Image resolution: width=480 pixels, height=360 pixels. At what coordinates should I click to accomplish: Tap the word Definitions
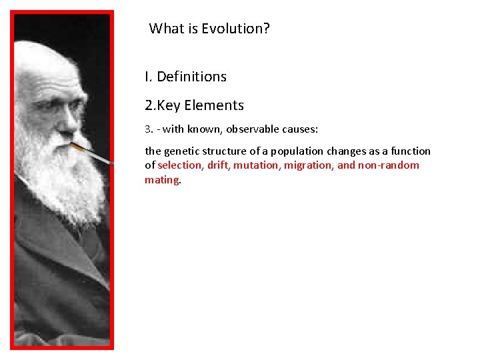[191, 77]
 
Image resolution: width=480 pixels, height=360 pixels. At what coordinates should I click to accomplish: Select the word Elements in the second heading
[214, 105]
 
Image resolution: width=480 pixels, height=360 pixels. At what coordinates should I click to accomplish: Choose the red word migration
[309, 165]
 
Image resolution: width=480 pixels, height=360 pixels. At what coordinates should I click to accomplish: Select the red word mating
[161, 180]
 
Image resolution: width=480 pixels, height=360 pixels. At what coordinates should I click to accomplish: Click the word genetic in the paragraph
[184, 151]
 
